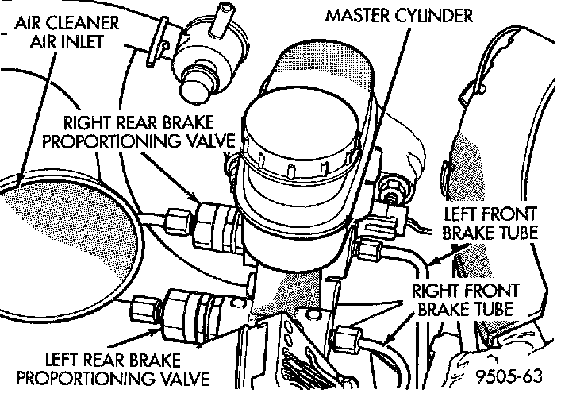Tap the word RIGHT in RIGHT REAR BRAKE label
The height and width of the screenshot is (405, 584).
pos(86,124)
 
